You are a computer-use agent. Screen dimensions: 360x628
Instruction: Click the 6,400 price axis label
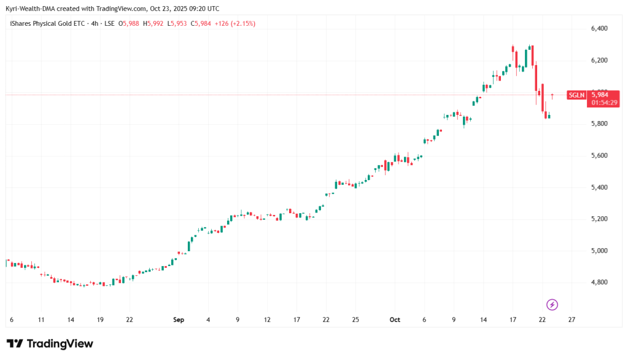(599, 29)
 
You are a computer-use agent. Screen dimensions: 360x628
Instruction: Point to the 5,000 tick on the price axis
(599, 251)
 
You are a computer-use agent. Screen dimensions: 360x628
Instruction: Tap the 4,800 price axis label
(599, 283)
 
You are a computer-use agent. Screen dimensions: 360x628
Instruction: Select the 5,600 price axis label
(599, 156)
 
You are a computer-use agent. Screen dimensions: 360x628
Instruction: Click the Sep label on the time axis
(179, 320)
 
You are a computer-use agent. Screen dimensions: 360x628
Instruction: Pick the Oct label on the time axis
(395, 320)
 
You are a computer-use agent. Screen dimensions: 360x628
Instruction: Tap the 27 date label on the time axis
(572, 320)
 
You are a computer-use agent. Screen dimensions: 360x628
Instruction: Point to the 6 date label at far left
(12, 320)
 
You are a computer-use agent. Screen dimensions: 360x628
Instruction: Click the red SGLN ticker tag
(576, 95)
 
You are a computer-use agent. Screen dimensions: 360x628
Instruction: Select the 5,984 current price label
(599, 95)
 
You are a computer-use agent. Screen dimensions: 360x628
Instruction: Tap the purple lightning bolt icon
(552, 305)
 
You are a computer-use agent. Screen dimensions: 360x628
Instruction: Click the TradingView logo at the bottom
(50, 344)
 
